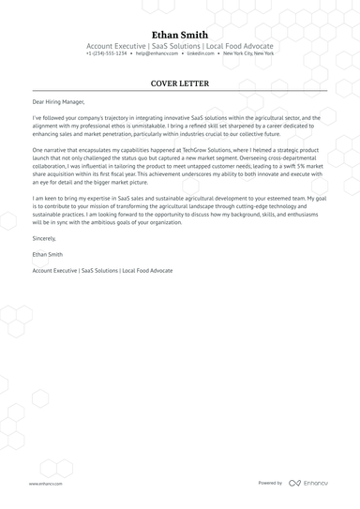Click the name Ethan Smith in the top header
pos(180,34)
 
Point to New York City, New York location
pos(249,53)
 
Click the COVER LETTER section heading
pos(180,83)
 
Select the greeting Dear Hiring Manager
pos(58,101)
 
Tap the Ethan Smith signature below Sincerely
pos(50,254)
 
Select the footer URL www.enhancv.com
pos(45,483)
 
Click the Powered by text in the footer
pos(270,483)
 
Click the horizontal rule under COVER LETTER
pos(180,92)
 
